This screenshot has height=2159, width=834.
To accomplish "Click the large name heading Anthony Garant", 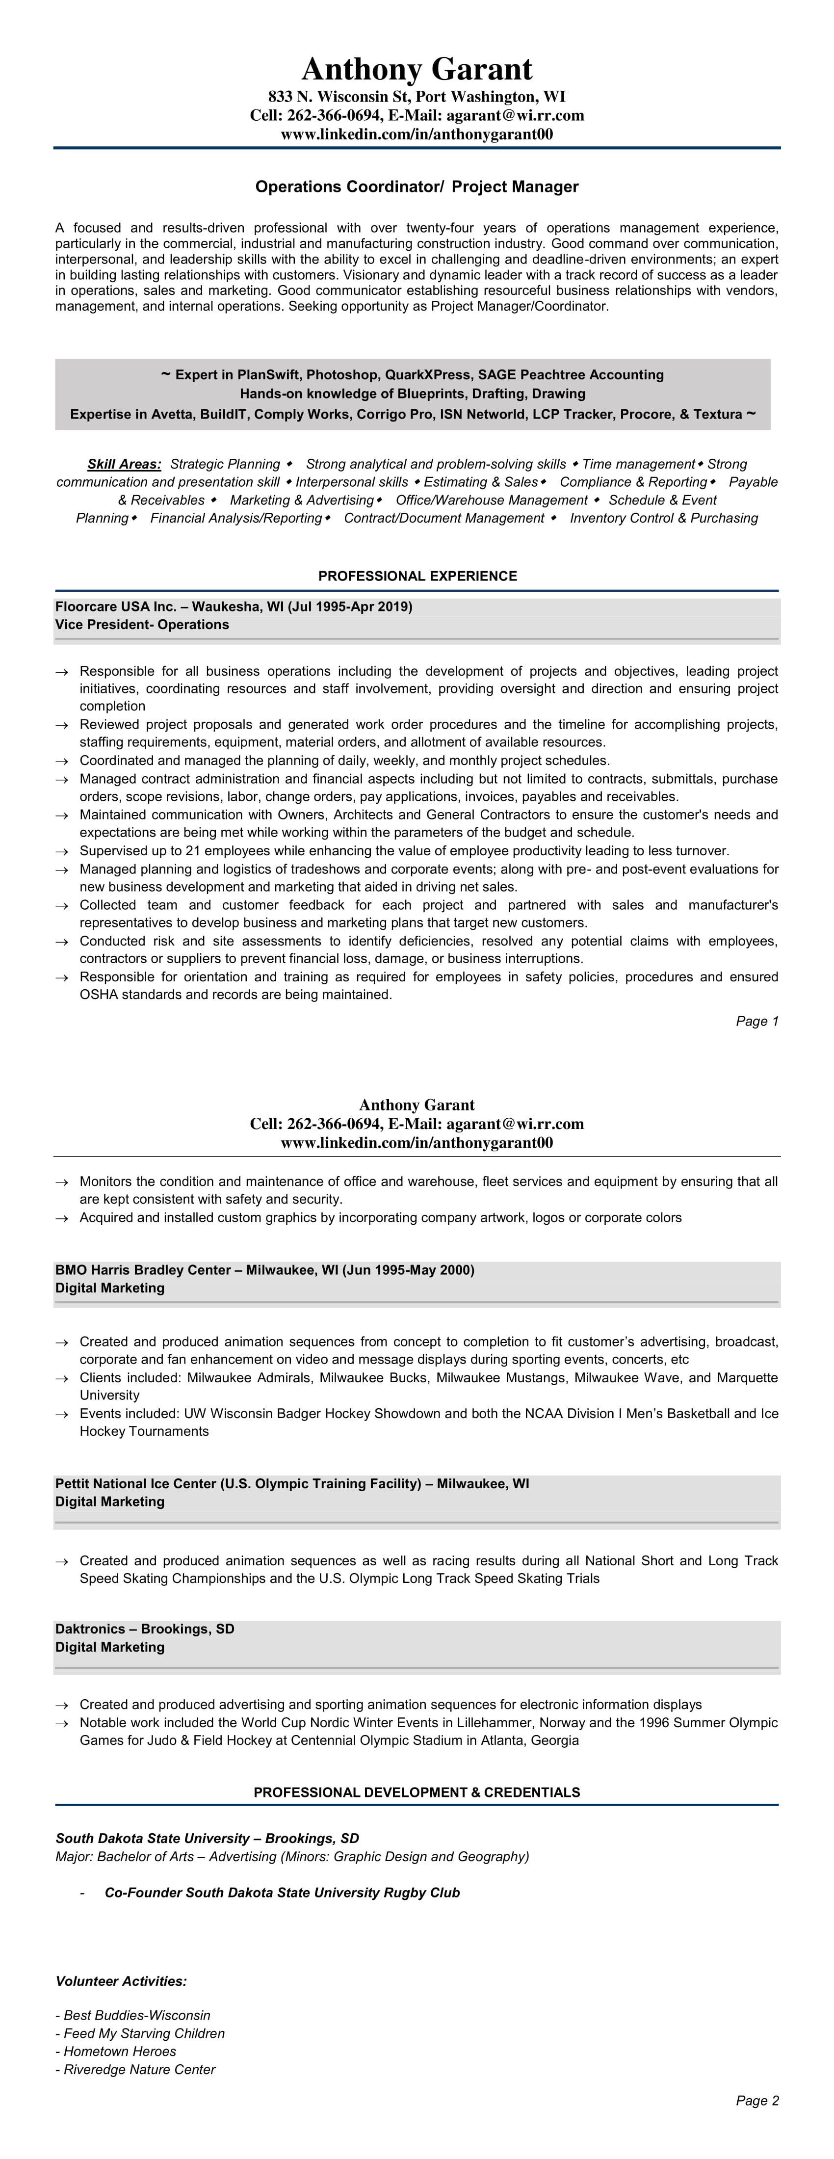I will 417,69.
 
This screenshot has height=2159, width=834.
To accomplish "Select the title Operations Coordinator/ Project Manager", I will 417,187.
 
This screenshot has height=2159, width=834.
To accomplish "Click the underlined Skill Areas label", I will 124,464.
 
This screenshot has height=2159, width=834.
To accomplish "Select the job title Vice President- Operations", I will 142,625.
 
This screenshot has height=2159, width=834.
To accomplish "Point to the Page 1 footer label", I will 757,1021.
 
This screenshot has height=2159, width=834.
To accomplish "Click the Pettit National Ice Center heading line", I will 292,1483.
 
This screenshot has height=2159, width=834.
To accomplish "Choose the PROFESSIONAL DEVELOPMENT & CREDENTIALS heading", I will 417,1792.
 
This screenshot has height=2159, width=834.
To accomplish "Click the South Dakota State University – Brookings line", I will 207,1838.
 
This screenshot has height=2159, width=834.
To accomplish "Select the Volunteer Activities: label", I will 121,1981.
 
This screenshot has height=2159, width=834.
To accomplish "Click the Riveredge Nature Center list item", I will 138,2069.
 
